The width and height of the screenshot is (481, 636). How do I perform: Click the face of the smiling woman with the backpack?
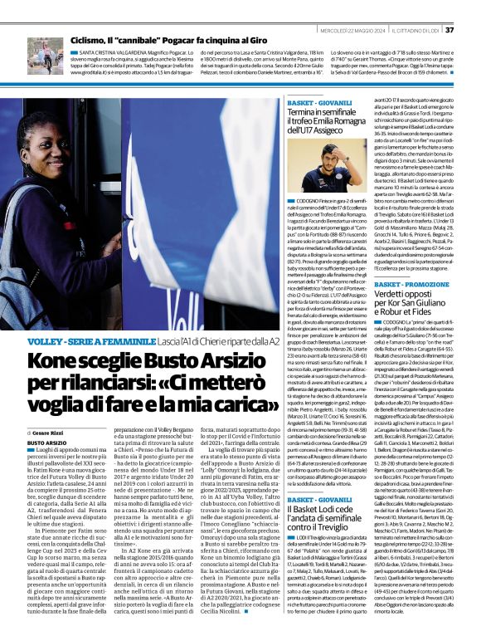[45, 149]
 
